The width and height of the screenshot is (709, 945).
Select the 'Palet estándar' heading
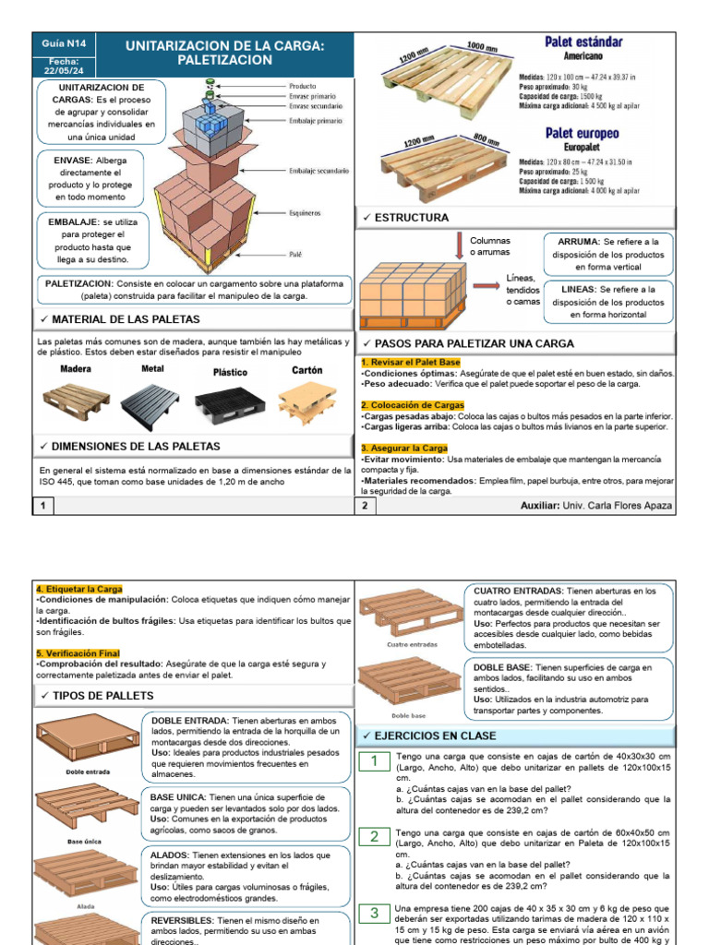pos(583,42)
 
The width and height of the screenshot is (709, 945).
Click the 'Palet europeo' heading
pos(582,133)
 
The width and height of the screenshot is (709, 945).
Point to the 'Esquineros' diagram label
pos(306,211)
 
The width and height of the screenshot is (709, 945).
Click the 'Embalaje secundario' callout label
pos(318,171)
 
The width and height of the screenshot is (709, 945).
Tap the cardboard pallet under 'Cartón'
pos(306,399)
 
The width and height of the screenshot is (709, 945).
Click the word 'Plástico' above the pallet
pos(231,373)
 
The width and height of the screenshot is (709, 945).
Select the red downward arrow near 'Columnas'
pos(459,246)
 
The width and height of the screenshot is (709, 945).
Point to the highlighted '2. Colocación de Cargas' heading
pos(413,405)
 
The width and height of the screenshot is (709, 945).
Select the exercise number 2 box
pos(375,836)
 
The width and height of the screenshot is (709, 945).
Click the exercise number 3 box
pos(375,913)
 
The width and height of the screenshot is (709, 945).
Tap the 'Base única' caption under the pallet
pos(85,841)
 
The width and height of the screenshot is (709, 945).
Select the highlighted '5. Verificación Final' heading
pos(78,653)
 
